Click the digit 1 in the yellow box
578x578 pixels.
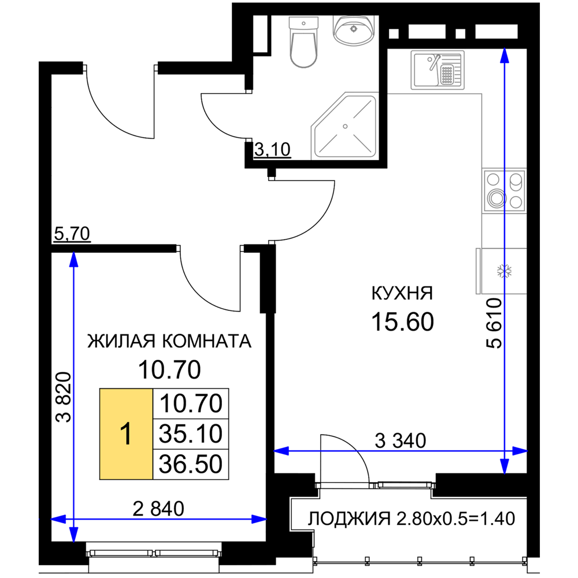click(125, 434)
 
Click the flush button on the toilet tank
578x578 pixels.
click(304, 23)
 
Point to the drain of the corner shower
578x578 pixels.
click(345, 126)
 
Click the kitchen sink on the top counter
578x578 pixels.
click(437, 70)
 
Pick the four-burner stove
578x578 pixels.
click(505, 191)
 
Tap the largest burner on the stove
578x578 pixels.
click(495, 198)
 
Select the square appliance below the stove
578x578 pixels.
click(501, 271)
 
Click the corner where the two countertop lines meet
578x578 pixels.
click(481, 93)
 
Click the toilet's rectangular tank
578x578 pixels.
click(304, 24)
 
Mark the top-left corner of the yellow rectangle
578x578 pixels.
click(101, 390)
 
